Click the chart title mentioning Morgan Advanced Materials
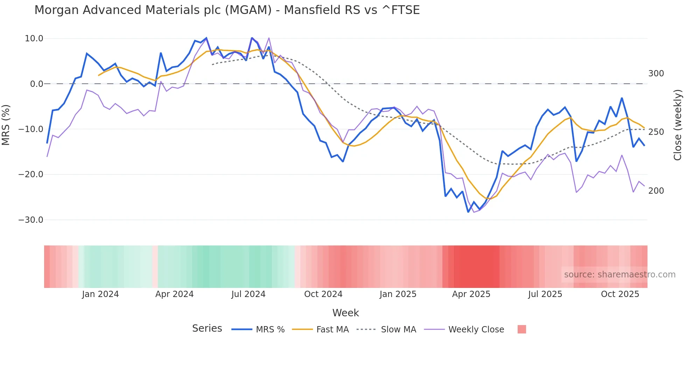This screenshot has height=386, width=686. [x=227, y=10]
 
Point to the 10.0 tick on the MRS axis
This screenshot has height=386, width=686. [x=34, y=39]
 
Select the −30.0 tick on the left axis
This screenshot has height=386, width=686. [x=31, y=220]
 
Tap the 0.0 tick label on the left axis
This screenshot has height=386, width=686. [x=36, y=84]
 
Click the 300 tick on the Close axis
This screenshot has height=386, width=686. [x=656, y=74]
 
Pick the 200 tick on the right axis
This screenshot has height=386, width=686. [x=656, y=191]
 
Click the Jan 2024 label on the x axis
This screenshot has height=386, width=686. [x=100, y=294]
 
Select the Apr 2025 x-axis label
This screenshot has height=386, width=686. [x=471, y=294]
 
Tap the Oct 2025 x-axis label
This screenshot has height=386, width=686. [x=620, y=294]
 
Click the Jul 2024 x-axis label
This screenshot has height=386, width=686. [x=248, y=294]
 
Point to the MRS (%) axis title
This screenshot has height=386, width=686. [x=6, y=125]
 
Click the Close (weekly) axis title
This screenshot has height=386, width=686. [x=678, y=125]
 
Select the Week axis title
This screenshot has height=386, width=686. [x=345, y=313]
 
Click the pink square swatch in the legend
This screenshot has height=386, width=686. [x=521, y=330]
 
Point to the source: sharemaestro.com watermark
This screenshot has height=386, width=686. [x=619, y=275]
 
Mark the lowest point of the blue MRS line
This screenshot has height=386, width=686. [x=468, y=212]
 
